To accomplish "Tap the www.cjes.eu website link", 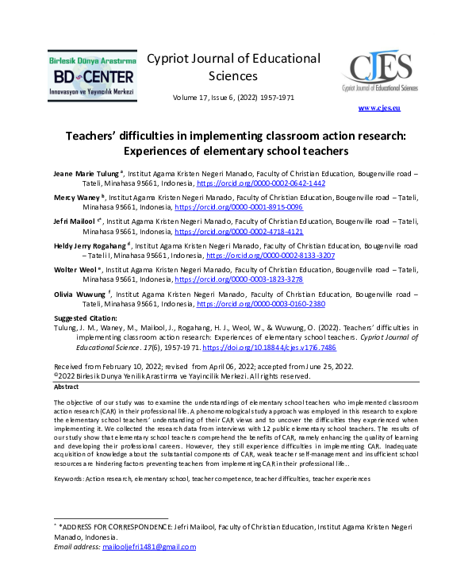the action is coord(379,107).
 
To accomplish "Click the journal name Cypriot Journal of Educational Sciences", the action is coord(233,67).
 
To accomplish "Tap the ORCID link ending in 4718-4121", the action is coord(238,231).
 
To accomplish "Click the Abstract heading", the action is coord(67,387).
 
